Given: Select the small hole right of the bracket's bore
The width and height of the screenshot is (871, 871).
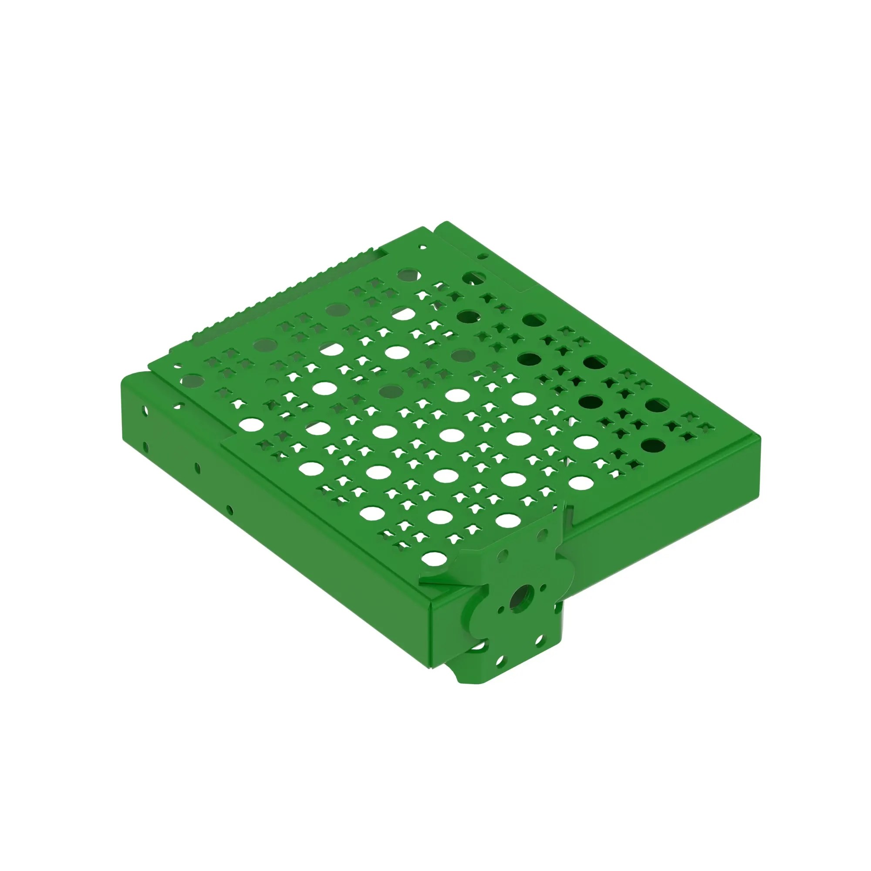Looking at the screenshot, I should coord(543,587).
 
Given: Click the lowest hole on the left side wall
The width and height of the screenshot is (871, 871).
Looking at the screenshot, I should coord(230,510).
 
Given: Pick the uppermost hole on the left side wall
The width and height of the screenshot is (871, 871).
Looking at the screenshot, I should coord(145,411).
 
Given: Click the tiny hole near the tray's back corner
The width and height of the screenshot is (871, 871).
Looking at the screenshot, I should coord(422,247).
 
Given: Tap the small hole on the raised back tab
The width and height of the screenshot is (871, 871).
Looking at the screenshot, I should coord(482,257).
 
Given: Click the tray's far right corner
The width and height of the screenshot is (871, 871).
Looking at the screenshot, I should coord(759,438).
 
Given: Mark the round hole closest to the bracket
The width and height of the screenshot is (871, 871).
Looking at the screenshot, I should coord(434,558).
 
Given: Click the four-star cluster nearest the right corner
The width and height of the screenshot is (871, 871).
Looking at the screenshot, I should coord(692,427).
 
